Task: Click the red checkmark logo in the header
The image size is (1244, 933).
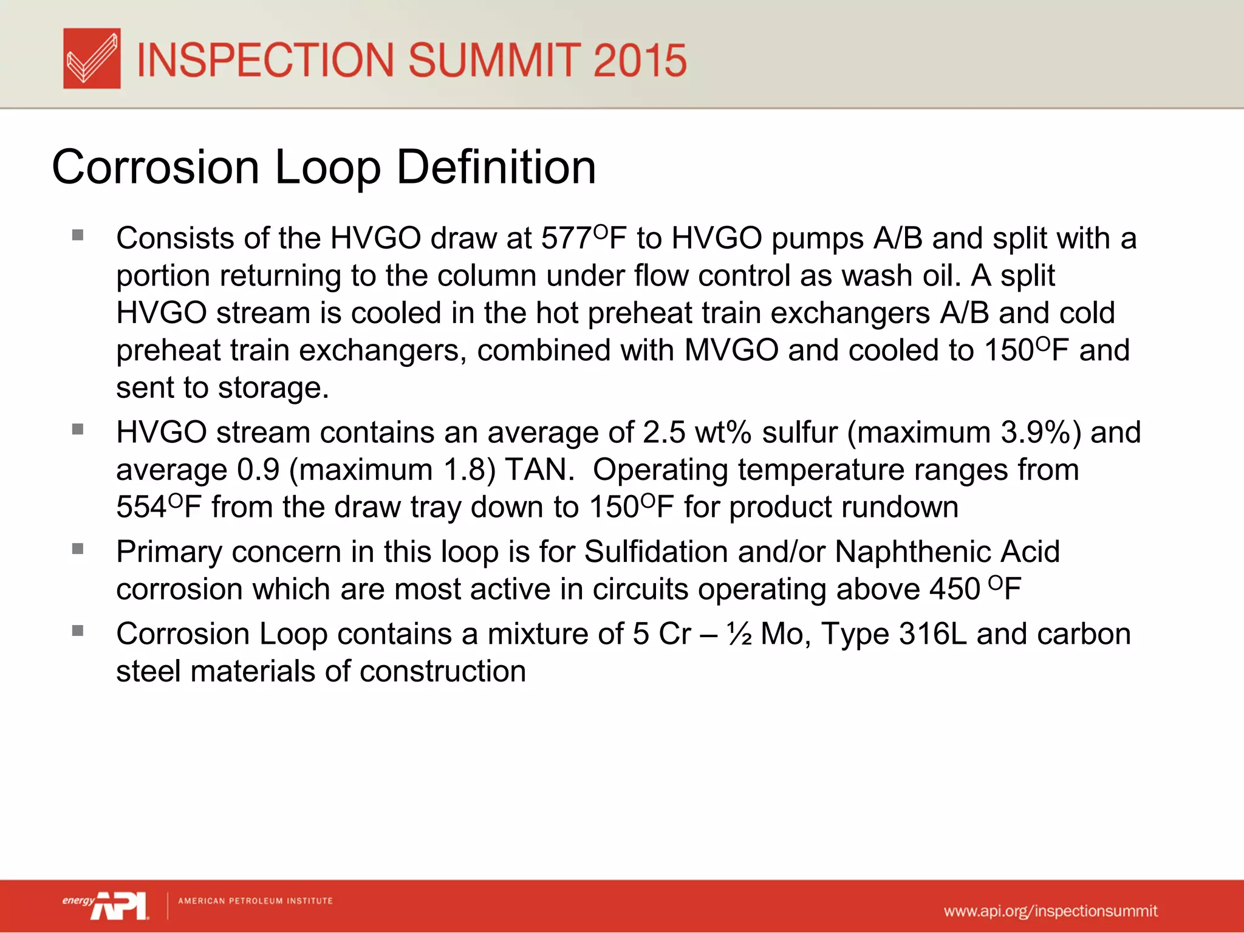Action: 92,58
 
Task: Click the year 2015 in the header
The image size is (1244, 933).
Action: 640,60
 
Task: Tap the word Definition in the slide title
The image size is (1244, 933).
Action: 496,167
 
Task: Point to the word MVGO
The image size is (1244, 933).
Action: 731,350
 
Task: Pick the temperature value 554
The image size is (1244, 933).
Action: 141,508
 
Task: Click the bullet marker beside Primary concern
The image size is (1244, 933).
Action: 77,549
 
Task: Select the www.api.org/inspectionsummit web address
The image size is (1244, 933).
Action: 1050,911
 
